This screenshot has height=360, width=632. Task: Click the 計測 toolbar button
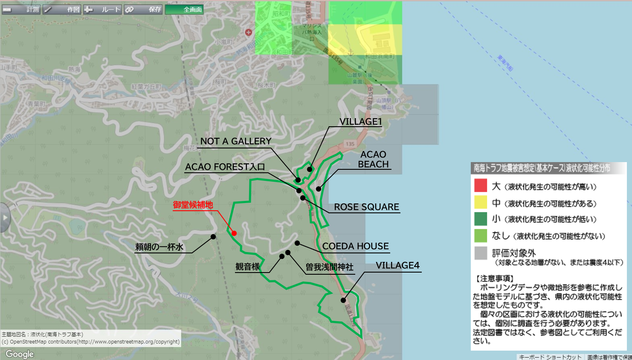[21, 9]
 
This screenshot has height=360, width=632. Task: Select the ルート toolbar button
[103, 9]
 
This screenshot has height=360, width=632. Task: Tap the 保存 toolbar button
[143, 9]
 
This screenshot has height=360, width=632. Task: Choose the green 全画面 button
[184, 9]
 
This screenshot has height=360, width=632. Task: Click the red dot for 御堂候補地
[234, 233]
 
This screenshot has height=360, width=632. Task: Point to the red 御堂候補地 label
[193, 205]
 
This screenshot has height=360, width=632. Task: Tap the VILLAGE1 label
[360, 122]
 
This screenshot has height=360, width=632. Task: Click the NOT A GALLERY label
[236, 141]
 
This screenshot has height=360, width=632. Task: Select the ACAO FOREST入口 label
[225, 167]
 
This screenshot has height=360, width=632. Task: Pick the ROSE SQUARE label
[366, 207]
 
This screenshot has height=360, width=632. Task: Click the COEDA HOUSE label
[355, 246]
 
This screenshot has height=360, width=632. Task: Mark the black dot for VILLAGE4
[343, 300]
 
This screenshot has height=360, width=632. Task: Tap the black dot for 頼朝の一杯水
[213, 237]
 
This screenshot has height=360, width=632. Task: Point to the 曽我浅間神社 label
[329, 267]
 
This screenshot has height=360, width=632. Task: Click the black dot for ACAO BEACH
[319, 189]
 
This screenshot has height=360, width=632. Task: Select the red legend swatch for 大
[481, 186]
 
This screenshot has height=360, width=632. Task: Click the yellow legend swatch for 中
[481, 202]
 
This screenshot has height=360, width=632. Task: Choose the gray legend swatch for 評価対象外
[481, 253]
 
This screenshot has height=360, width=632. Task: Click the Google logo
[20, 354]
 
